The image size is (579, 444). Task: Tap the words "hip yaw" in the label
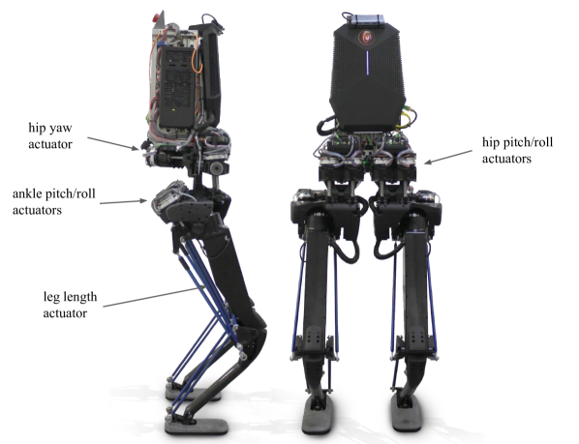point(50,128)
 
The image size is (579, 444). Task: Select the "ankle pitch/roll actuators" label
point(54,202)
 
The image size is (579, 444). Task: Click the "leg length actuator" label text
point(70,305)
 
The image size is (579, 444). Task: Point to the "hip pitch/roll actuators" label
point(517,150)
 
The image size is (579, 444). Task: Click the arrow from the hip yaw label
point(113,143)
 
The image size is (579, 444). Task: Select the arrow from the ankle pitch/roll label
point(123,202)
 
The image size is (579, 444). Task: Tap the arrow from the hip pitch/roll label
point(448,157)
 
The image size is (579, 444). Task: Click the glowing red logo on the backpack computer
point(366,37)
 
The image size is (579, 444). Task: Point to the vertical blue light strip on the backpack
point(367,62)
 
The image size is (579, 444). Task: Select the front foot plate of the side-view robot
point(197,427)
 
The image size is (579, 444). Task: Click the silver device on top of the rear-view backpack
point(368,20)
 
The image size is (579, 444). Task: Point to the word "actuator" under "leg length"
point(65,313)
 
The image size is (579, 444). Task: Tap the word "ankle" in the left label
point(27,194)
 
